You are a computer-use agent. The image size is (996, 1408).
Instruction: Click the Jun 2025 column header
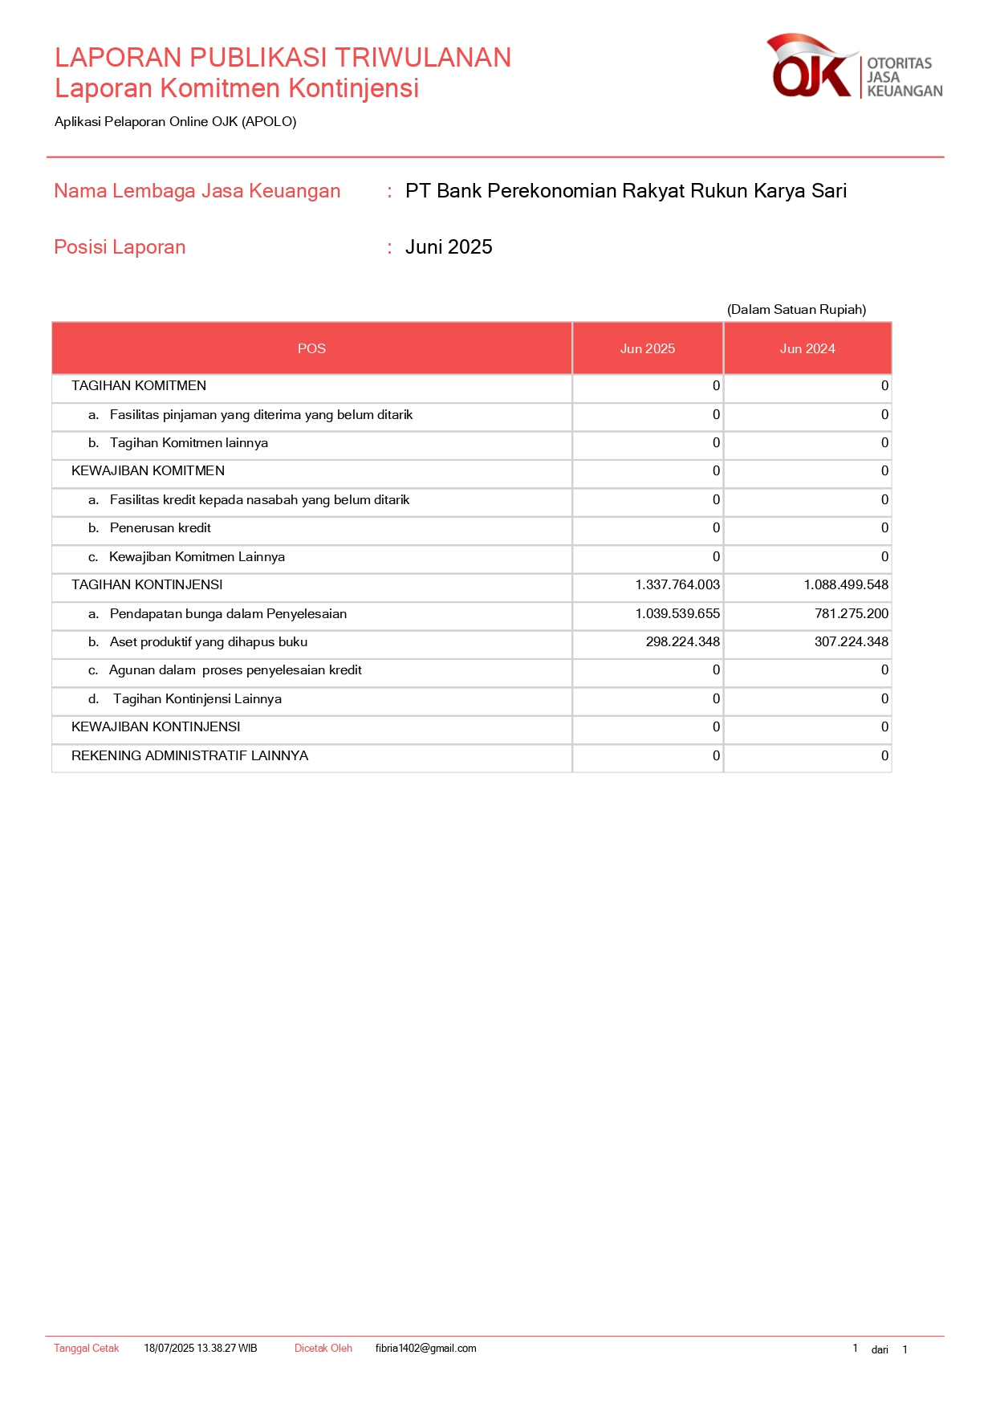click(647, 348)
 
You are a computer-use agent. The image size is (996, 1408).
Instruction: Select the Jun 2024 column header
click(807, 348)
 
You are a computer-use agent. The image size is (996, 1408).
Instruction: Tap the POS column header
click(311, 348)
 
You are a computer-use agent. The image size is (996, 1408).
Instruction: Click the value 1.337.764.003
click(677, 585)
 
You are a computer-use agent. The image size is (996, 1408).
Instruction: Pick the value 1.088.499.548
click(845, 585)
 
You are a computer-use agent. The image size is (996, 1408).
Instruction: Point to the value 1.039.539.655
click(677, 614)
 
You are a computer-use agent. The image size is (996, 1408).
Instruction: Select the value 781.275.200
click(851, 614)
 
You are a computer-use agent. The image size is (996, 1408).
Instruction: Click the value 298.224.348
click(682, 642)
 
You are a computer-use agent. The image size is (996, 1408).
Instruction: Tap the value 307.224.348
click(851, 642)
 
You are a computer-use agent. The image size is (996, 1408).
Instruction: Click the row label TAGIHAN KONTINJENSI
click(147, 585)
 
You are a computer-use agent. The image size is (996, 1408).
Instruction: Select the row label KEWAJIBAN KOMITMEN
click(148, 471)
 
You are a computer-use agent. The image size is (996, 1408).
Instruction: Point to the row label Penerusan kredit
click(160, 528)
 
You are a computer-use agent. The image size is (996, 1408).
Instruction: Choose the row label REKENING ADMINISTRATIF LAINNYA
click(189, 756)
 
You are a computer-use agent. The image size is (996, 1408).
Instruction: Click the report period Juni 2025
click(448, 247)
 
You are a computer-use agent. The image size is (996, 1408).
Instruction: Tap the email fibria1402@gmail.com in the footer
click(425, 1349)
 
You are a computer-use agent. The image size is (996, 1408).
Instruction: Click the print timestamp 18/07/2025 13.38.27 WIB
click(200, 1349)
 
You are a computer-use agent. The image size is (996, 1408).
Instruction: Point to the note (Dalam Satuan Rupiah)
click(796, 310)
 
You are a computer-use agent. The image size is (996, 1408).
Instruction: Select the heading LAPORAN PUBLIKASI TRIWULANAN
click(283, 58)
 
